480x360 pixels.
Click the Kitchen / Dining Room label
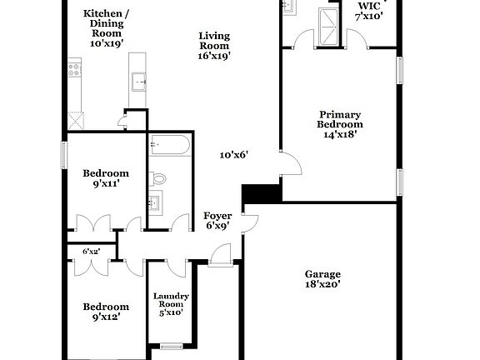click(x=106, y=28)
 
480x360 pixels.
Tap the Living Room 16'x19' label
click(x=214, y=46)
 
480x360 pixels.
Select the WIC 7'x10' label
click(x=369, y=10)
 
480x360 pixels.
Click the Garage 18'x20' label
click(x=322, y=278)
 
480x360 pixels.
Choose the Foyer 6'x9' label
click(x=218, y=221)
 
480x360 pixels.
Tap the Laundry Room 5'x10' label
click(x=171, y=304)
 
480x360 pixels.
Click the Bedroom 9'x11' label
click(x=106, y=178)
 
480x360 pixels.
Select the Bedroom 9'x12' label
click(x=106, y=312)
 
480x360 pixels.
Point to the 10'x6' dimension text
click(x=234, y=154)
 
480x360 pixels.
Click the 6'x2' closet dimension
click(x=91, y=251)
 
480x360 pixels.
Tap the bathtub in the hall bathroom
click(x=168, y=147)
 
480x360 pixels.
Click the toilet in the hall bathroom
click(x=158, y=177)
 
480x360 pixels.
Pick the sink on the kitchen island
click(x=139, y=81)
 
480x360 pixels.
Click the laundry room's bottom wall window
click(x=172, y=346)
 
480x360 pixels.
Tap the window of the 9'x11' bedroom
click(x=64, y=154)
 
